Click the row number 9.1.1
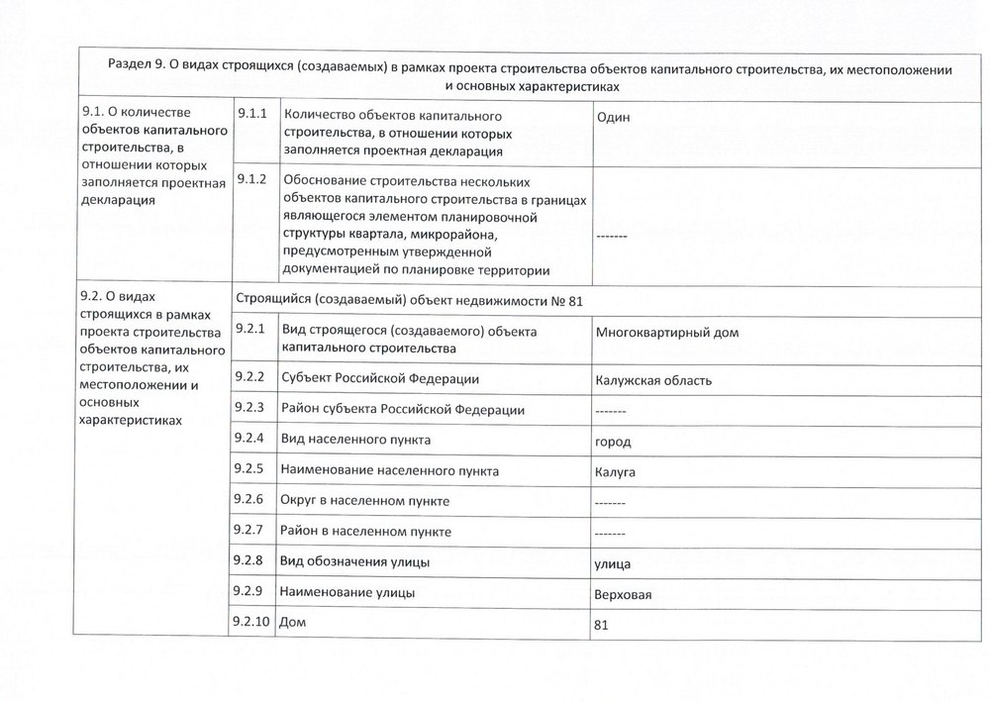[252, 115]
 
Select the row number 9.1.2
[252, 179]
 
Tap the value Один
[614, 118]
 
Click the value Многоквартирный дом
[667, 333]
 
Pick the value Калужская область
[653, 380]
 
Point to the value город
[613, 442]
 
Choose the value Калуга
[616, 472]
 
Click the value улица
[614, 564]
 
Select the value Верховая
[624, 595]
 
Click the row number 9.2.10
[254, 621]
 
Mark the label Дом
[294, 623]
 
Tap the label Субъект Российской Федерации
[380, 378]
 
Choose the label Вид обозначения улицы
[355, 561]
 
